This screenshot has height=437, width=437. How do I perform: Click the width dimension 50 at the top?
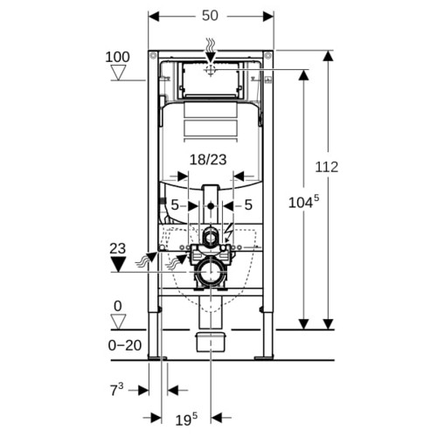tap(210, 16)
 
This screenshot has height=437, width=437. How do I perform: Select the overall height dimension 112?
tap(327, 167)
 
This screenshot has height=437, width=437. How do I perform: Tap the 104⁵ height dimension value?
tap(303, 202)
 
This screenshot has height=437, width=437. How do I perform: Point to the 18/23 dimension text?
tap(208, 160)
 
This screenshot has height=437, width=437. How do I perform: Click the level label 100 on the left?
tap(117, 57)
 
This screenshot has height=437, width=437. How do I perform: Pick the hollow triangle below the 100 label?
tap(118, 73)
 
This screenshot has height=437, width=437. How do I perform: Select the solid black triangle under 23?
tap(118, 265)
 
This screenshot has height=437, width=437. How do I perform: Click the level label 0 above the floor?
tap(118, 307)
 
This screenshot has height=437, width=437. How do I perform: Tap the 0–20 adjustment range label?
tap(125, 345)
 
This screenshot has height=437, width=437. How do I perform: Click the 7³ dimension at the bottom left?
tap(117, 390)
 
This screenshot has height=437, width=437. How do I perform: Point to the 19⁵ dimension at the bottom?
tap(186, 420)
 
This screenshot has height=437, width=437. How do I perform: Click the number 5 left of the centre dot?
tap(175, 205)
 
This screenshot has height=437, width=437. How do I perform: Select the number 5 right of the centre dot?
tap(248, 205)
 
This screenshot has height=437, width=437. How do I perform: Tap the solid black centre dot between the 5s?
tap(211, 206)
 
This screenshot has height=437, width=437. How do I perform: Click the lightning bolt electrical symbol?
tap(229, 232)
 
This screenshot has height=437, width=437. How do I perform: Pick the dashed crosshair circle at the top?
tap(211, 70)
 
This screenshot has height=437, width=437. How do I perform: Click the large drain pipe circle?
tap(211, 272)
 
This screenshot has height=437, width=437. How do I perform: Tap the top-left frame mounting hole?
tap(153, 55)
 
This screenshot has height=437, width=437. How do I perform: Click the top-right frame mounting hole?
tap(268, 55)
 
